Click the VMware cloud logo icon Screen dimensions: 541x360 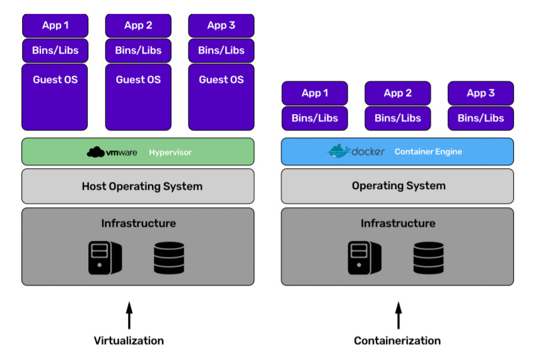[x=96, y=152]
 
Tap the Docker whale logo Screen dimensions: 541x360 [x=339, y=151]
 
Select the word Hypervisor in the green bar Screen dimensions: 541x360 [x=170, y=153]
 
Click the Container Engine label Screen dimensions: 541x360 [x=428, y=152]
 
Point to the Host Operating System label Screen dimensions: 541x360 [x=142, y=186]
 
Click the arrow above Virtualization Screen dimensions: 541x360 [x=129, y=315]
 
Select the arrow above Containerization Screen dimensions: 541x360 [x=398, y=315]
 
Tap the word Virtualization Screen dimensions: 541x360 [x=129, y=340]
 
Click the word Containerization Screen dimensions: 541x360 [x=397, y=340]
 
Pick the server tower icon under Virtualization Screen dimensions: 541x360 [x=105, y=258]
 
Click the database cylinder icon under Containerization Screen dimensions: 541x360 [x=429, y=258]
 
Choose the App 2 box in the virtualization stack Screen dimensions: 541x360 [x=138, y=25]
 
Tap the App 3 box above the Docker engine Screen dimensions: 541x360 [x=480, y=93]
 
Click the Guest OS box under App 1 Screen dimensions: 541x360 [x=54, y=97]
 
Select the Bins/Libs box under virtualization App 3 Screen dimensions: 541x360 [x=221, y=50]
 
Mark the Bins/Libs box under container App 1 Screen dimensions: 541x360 [x=315, y=119]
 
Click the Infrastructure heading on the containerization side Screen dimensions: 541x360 [x=398, y=223]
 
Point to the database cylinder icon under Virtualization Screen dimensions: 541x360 [x=169, y=258]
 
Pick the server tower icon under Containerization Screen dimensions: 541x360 [x=364, y=258]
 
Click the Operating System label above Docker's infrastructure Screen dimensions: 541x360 [x=398, y=185]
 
